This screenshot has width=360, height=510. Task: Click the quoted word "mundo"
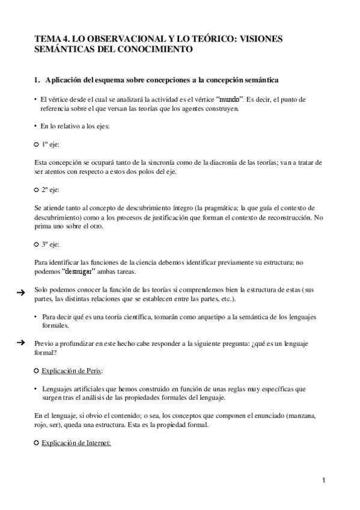point(231,99)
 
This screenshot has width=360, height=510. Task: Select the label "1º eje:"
point(50,145)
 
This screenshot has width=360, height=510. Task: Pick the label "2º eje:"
point(50,189)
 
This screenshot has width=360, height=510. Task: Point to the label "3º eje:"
point(50,244)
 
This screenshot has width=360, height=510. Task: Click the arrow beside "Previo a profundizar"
point(20,342)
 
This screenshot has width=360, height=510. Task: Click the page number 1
point(323,481)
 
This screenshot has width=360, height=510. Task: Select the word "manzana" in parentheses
point(307,416)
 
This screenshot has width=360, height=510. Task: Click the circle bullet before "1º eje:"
point(37,146)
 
